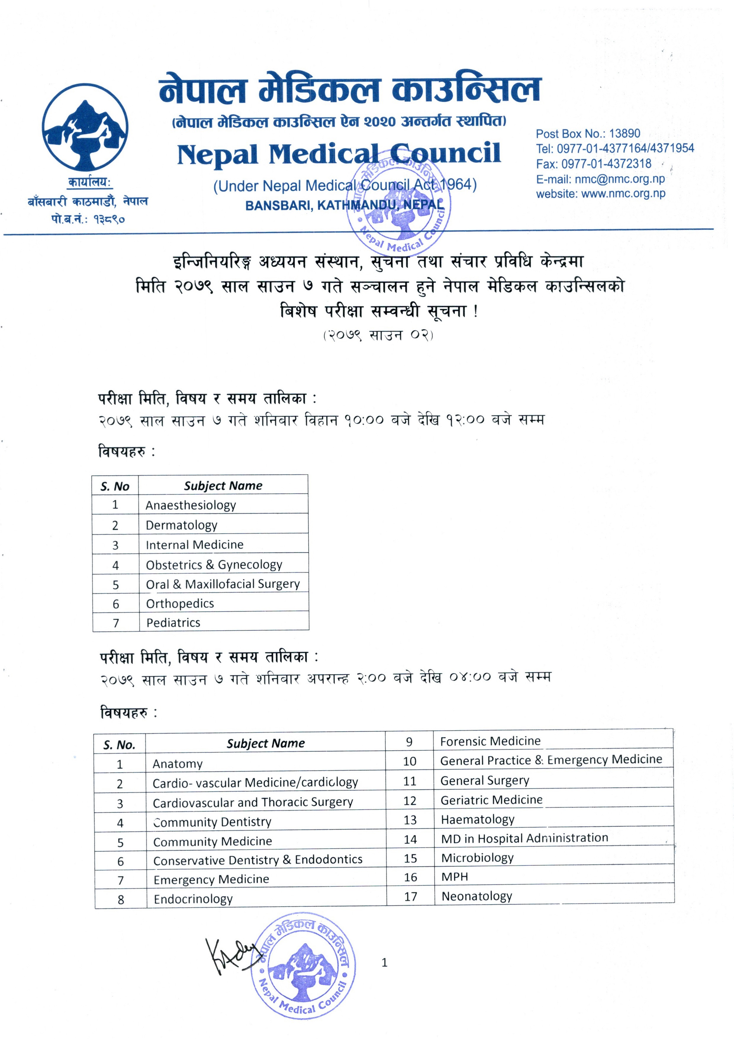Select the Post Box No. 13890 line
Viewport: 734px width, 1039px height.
(588, 134)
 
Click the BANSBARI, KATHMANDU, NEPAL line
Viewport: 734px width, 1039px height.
(345, 206)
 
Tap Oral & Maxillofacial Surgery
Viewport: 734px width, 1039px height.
(223, 584)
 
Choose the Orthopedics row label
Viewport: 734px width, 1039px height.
(180, 604)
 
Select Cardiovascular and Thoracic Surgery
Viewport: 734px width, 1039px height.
(252, 803)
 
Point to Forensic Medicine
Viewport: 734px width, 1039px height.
(490, 741)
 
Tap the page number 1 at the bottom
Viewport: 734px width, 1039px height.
(384, 963)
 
